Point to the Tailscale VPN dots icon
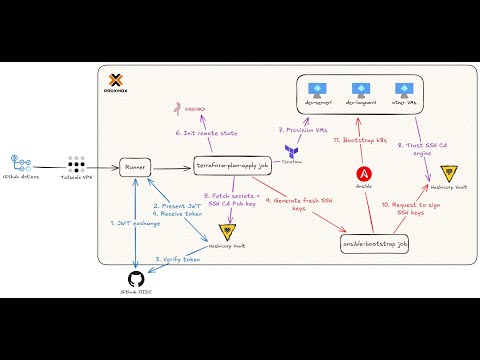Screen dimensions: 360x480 click(75, 162)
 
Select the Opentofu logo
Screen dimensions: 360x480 click(291, 148)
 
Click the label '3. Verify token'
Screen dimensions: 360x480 click(177, 259)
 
